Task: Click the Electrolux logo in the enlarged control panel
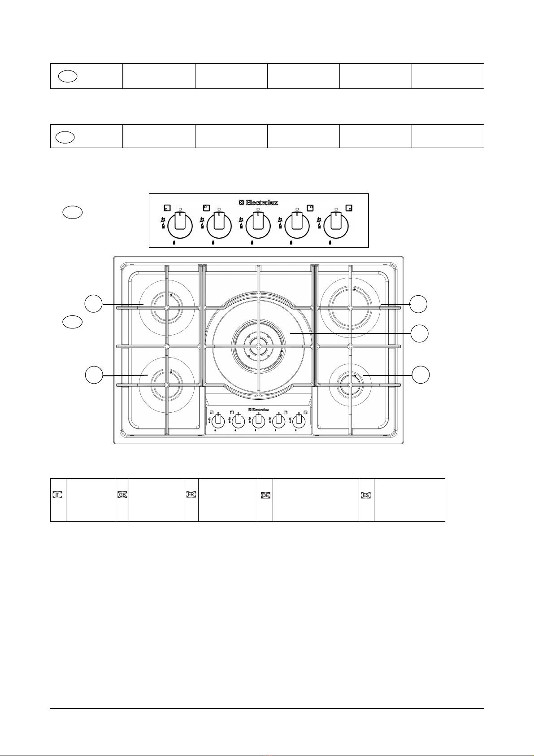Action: pos(258,202)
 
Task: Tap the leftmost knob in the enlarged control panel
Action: pos(180,226)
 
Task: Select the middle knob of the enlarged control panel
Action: pos(258,226)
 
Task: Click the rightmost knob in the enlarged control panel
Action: pos(336,226)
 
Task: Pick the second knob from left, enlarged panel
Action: pos(219,226)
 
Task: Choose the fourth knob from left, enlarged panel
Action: pos(297,226)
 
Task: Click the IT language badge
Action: pos(58,495)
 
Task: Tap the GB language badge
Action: pos(122,495)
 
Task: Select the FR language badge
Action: pos(191,494)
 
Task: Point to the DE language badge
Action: pos(266,495)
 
